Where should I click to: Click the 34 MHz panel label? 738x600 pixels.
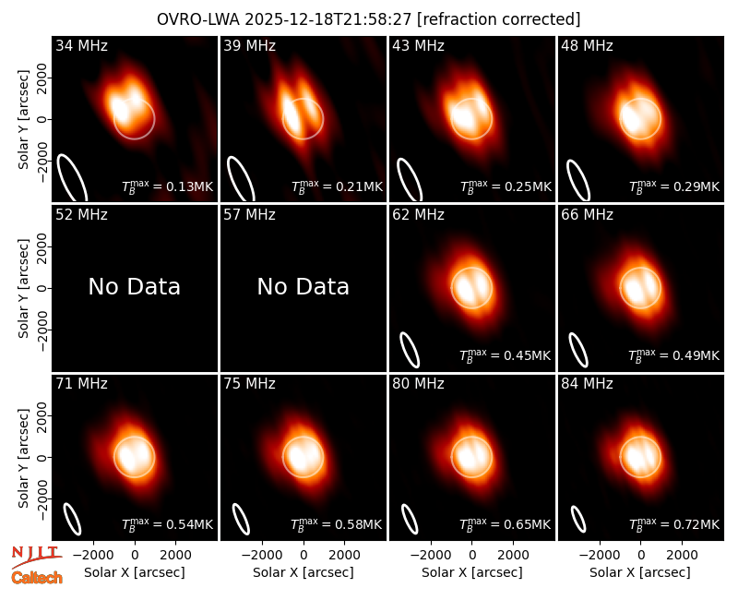tap(81, 45)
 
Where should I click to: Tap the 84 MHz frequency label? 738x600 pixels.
tap(587, 384)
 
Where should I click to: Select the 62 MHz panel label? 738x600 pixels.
tap(419, 215)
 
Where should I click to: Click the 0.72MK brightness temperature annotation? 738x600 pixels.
tap(674, 524)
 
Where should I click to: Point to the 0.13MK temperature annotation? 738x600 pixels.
tap(168, 186)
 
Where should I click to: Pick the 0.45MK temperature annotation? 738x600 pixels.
tap(506, 355)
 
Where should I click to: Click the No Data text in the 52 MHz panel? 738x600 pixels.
tap(134, 286)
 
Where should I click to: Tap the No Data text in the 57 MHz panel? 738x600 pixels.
tap(304, 286)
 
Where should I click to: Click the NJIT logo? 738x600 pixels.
tap(36, 556)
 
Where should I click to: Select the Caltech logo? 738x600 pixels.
tap(37, 578)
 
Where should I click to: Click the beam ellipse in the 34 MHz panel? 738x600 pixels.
tap(72, 178)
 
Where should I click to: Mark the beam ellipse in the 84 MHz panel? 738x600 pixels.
tap(578, 519)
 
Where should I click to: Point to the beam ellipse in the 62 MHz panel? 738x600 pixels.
tap(410, 350)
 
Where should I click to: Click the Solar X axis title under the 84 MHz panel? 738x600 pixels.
tap(640, 572)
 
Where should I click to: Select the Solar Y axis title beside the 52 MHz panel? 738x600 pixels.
tap(23, 288)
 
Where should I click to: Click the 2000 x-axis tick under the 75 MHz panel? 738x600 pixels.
tap(344, 556)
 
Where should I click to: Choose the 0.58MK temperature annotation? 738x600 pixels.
tap(337, 524)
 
